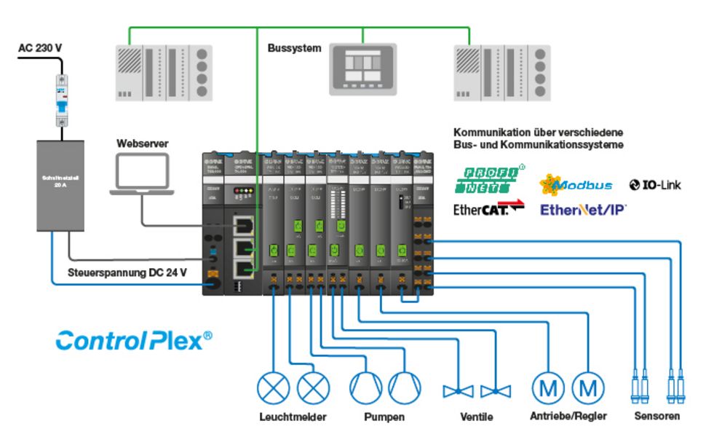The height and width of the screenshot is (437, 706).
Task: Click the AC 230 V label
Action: point(40,49)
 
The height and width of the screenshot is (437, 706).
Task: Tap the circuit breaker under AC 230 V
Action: point(64,101)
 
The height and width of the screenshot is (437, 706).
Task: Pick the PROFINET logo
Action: point(489,180)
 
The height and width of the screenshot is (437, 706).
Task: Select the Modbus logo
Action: point(576,185)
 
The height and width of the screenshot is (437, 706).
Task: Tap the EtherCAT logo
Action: point(488,210)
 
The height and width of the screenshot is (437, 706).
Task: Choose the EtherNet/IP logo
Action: point(583,210)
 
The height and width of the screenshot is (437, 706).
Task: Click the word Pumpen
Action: point(384,417)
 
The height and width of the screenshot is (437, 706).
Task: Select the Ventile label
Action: point(476,417)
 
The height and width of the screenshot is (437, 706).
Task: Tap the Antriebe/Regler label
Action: point(568,417)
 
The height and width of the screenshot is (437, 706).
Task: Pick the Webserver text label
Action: point(142,143)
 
